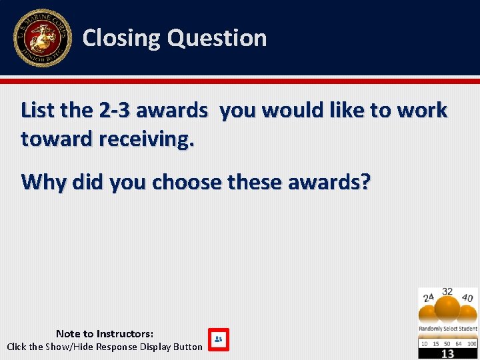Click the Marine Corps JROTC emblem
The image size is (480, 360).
click(42, 38)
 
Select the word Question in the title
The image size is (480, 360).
click(217, 38)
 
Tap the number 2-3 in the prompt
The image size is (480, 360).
click(114, 110)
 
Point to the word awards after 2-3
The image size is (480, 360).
click(172, 110)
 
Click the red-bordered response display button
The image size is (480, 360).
click(218, 339)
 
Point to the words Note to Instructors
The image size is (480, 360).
click(105, 333)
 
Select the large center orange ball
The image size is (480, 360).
click(447, 309)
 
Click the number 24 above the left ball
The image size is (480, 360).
click(429, 297)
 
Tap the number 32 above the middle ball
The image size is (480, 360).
click(447, 292)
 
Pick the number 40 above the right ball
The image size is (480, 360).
click(467, 298)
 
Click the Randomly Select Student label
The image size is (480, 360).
click(447, 329)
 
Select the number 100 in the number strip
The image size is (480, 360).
click(472, 343)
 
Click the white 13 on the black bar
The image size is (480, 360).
click(447, 353)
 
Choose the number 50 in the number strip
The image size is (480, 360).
click(447, 343)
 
